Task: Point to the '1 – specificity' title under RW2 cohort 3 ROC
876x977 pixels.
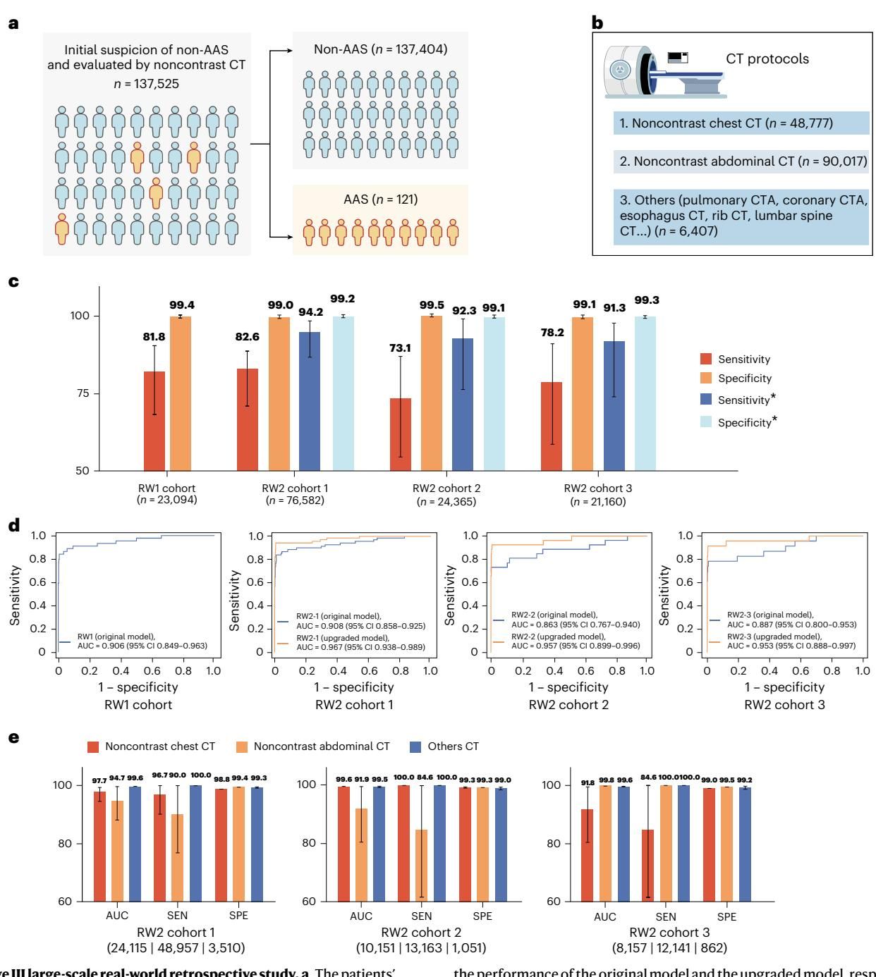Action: click(784, 686)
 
